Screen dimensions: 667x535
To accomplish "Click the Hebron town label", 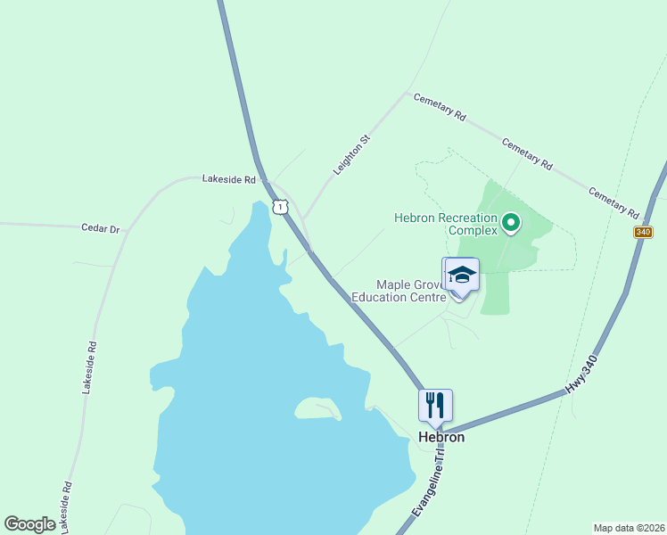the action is (x=441, y=438).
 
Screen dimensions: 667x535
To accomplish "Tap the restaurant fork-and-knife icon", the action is (x=435, y=405).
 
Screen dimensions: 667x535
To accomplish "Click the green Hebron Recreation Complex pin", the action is (x=511, y=222).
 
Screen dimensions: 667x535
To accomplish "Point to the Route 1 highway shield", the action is (x=281, y=207).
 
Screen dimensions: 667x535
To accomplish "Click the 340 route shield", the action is (x=644, y=232).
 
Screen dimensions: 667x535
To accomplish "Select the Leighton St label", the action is (x=351, y=154).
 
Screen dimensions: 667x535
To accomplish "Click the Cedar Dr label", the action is (x=100, y=229).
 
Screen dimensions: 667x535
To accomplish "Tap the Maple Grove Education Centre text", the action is (x=399, y=291).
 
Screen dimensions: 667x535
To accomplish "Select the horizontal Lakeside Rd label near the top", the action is (x=229, y=179).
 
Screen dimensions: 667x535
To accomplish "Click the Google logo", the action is (x=30, y=524).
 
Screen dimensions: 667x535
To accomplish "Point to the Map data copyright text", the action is (x=629, y=527).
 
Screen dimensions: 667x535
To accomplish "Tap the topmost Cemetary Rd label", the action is (x=440, y=107).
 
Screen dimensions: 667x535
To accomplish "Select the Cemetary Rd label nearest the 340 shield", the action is (x=614, y=203).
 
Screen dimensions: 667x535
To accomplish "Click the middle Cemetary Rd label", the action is (x=527, y=154).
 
